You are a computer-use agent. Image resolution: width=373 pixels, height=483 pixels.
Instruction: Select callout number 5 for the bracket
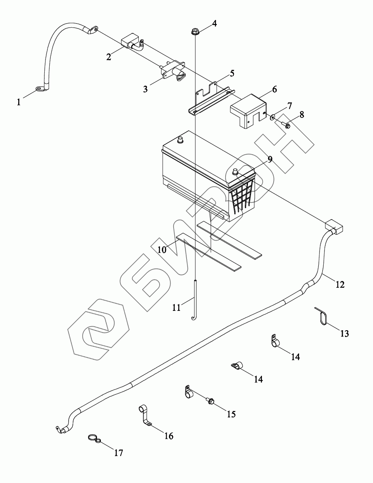[x=232, y=72]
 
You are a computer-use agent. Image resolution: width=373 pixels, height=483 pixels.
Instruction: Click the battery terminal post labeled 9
[x=235, y=171]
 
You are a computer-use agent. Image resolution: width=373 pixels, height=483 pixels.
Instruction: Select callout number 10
[x=162, y=249]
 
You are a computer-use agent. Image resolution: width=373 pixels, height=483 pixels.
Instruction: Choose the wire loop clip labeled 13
[x=321, y=316]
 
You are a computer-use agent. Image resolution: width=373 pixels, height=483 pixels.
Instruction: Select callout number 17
[x=119, y=452]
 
